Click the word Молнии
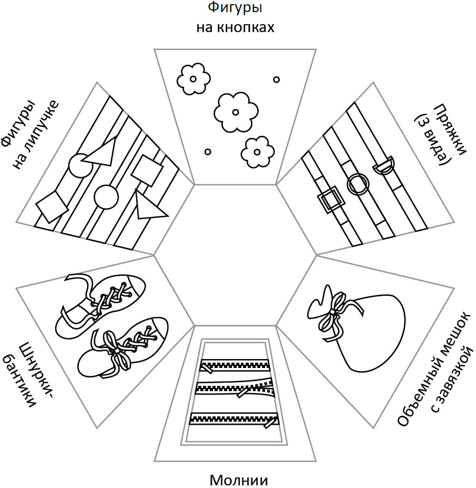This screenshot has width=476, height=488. [239, 480]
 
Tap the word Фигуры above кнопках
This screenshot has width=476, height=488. [235, 8]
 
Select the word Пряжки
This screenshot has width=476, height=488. [450, 128]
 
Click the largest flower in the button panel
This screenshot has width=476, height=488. [235, 111]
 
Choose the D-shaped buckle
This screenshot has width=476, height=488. [383, 166]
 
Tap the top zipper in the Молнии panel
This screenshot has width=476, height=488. [235, 365]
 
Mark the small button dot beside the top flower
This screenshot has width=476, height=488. [276, 79]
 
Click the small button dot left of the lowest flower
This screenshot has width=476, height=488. [208, 152]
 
